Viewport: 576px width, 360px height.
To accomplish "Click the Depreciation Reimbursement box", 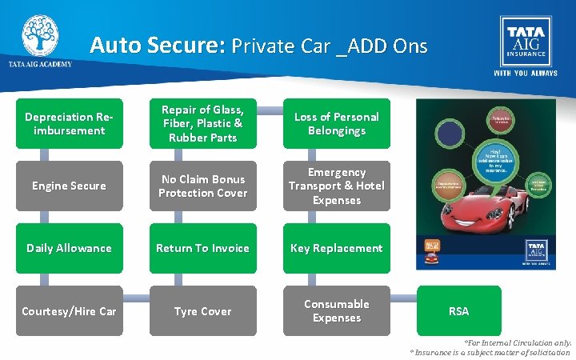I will point(70,123).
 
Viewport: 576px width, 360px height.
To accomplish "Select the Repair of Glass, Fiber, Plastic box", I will point(203,123).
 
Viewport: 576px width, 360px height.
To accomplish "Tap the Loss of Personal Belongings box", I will point(336,123).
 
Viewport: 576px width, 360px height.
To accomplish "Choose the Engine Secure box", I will point(70,186).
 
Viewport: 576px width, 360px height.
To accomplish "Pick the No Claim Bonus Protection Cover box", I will point(203,186).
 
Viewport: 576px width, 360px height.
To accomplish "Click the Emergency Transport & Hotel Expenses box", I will point(336,186).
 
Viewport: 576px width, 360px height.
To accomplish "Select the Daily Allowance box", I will point(70,248).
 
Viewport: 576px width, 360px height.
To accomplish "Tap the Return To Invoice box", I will point(203,248).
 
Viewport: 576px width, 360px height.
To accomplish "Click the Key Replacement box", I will point(336,248).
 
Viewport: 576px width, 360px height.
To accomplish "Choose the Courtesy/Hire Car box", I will point(70,311).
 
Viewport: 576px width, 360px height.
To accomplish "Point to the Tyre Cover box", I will point(203,311).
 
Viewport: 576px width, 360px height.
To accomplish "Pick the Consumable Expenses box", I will point(336,311).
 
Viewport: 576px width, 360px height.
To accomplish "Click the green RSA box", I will point(458,311).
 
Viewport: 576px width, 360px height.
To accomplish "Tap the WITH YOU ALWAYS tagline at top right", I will point(524,72).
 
